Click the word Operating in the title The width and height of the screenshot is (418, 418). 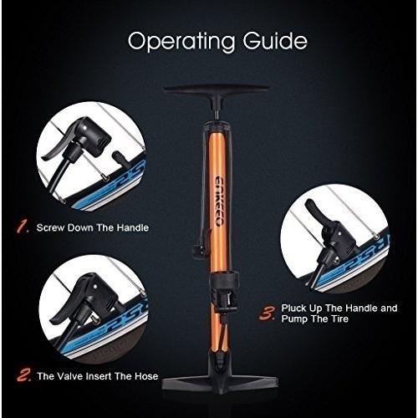coord(181,42)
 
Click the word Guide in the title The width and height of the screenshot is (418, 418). coord(275,40)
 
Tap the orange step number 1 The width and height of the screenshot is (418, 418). coord(23,226)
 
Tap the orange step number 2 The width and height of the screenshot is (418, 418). coord(23,375)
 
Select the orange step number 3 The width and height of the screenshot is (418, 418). coord(267,313)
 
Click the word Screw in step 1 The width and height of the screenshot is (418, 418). coord(51,227)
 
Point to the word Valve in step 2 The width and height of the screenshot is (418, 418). coord(69,376)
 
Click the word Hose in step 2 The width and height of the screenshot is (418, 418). coord(146,376)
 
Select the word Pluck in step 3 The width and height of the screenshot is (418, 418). coord(293,308)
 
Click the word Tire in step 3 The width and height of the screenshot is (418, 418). coord(339,319)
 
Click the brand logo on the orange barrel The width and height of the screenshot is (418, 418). coord(218,200)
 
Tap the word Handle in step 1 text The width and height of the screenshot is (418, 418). coord(133,227)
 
